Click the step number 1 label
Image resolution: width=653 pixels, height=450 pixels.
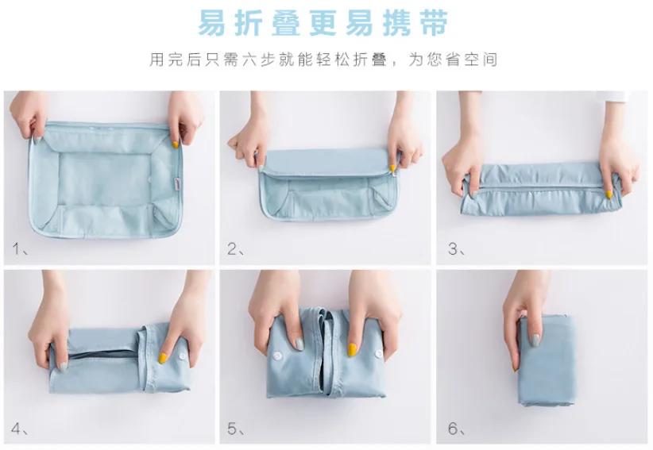[17, 248]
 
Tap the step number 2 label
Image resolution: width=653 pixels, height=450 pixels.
[233, 248]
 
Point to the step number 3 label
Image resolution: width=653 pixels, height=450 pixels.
[453, 248]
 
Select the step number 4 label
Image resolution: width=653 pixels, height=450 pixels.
[16, 429]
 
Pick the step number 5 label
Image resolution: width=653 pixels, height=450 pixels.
[233, 429]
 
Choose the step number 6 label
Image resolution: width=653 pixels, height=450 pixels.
[453, 429]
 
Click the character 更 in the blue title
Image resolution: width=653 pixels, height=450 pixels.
[323, 23]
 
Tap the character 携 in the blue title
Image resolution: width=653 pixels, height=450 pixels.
[397, 23]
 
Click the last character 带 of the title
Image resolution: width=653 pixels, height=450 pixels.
[435, 23]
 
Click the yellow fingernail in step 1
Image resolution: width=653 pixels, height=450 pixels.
[176, 144]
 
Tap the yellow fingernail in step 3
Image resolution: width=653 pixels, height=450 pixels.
[609, 194]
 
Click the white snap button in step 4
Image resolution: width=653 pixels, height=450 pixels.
[183, 356]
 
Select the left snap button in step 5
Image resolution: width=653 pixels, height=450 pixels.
[278, 356]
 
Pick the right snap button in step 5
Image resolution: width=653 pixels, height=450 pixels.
[379, 354]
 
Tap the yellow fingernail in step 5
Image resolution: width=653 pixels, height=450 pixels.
[352, 350]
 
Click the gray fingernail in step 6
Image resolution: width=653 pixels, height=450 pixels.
[535, 340]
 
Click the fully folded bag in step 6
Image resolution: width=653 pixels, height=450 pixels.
[547, 360]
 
